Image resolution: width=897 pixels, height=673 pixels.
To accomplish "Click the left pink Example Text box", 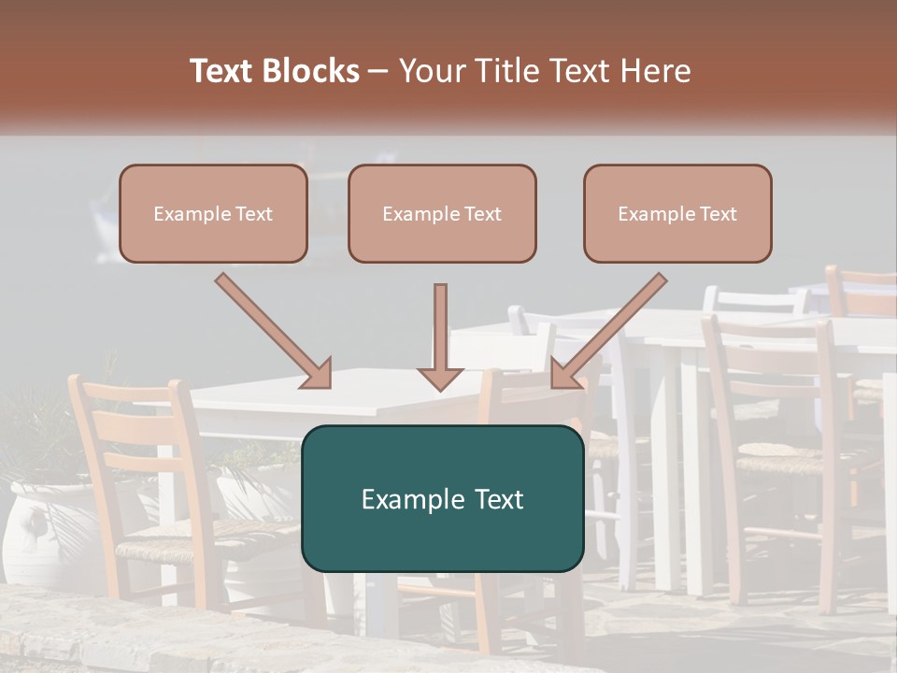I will [x=213, y=213].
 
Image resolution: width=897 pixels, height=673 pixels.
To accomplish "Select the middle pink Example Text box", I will [x=442, y=213].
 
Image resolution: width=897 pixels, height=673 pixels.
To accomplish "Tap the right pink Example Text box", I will [x=677, y=213].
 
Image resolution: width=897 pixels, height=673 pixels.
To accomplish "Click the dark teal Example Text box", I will [x=442, y=498].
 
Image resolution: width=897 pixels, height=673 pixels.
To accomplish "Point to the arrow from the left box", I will [x=274, y=331].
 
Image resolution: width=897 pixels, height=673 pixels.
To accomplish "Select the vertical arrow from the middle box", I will [x=440, y=336].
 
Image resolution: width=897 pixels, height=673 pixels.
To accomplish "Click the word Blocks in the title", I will [x=313, y=71].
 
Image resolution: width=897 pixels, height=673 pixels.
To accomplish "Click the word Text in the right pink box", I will [x=717, y=214].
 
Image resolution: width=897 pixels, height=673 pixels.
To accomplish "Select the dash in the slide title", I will [x=378, y=71].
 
